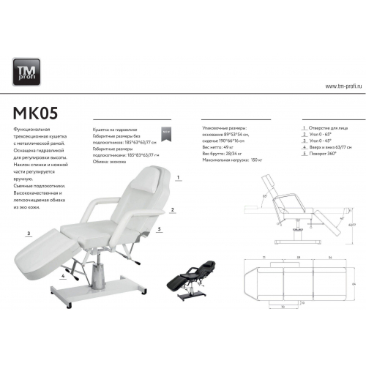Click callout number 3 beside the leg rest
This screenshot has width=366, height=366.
(x=29, y=234)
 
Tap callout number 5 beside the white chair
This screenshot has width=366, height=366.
(x=159, y=229)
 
